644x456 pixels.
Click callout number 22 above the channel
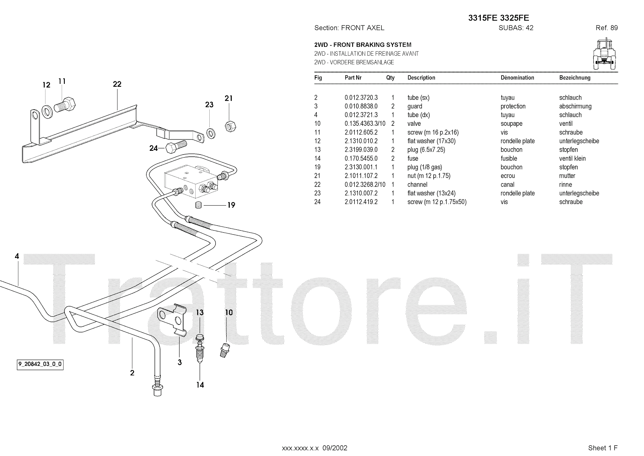point(117,84)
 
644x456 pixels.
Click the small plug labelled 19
point(199,205)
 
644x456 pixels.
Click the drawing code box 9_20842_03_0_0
point(40,364)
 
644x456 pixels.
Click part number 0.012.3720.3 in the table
point(361,98)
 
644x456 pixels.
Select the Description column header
point(421,78)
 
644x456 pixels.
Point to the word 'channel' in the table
point(417,185)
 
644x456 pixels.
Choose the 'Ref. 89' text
point(607,28)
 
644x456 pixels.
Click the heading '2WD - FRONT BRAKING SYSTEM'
point(363,45)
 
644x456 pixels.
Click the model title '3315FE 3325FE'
point(499,18)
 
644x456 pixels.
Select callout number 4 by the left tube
point(17,256)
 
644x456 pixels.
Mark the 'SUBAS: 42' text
point(516,28)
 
